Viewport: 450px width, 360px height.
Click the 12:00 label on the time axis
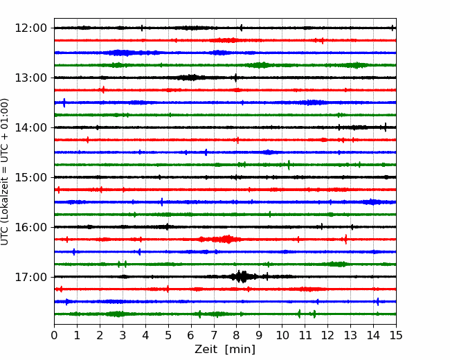[x=30, y=28]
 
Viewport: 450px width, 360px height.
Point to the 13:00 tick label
[x=30, y=78]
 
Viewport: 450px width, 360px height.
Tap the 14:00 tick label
[x=30, y=127]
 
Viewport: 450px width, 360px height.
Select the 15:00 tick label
[x=30, y=177]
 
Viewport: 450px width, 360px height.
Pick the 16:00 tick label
[x=30, y=227]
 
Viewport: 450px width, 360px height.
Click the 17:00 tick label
[x=30, y=277]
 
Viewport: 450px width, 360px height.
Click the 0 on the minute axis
[x=54, y=335]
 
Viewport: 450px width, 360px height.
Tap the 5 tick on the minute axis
[x=168, y=335]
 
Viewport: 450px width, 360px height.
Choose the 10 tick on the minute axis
[x=282, y=335]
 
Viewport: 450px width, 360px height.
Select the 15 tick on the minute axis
[x=396, y=335]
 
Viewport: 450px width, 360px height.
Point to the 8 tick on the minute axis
[x=237, y=335]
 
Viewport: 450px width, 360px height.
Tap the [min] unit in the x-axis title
[x=240, y=350]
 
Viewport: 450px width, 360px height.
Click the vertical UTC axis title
[x=5, y=172]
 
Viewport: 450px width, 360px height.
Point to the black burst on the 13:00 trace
[x=190, y=78]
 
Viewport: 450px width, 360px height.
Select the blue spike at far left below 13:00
[x=64, y=102]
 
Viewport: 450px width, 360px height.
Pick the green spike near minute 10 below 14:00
[x=289, y=165]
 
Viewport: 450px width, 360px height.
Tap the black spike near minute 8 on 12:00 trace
[x=241, y=28]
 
